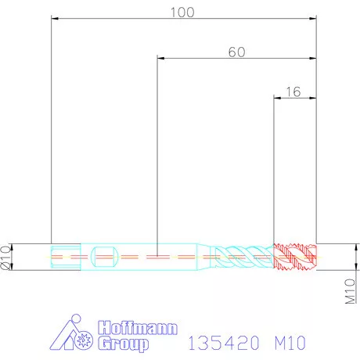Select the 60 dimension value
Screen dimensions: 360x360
pos(236,52)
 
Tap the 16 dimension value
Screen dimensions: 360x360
pos(293,91)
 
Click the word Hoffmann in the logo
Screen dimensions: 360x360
pos(138,328)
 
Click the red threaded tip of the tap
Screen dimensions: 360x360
pos(295,256)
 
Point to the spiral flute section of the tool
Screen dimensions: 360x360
pos(243,256)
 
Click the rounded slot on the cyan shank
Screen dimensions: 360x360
pos(104,256)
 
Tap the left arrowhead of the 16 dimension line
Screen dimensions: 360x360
pos(275,97)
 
